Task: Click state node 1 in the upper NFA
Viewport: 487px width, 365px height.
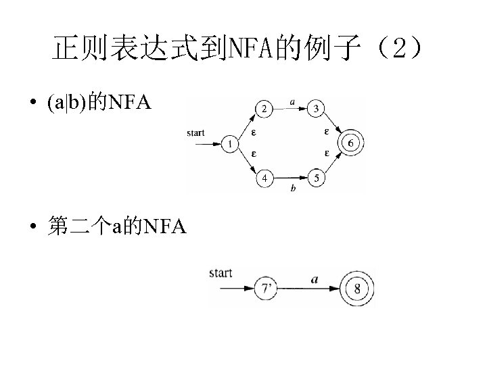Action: point(231,144)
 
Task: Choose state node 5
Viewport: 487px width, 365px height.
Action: point(317,179)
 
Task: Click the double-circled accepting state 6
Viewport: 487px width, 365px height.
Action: point(350,143)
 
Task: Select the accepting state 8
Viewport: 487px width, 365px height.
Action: point(356,290)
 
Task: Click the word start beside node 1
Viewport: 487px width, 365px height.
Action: point(195,133)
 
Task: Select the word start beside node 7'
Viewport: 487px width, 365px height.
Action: point(221,274)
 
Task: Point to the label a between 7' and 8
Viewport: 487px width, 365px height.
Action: point(315,278)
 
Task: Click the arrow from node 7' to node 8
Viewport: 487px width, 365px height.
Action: point(311,289)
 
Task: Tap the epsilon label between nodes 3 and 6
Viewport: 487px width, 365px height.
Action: point(327,130)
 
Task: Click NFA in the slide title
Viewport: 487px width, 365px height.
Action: point(250,49)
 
